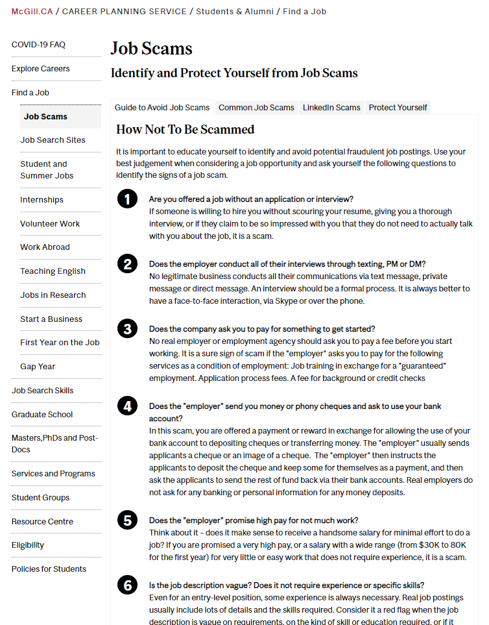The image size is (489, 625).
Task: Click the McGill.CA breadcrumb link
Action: pyautogui.click(x=32, y=11)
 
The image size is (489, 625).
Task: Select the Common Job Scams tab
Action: pyautogui.click(x=256, y=108)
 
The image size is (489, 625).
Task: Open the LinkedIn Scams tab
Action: pyautogui.click(x=331, y=108)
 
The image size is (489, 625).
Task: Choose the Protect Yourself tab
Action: pyautogui.click(x=398, y=108)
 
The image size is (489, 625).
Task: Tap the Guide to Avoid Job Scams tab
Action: pyautogui.click(x=162, y=108)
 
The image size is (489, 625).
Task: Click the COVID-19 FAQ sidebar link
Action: pyautogui.click(x=38, y=45)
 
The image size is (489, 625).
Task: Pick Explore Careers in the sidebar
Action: pyautogui.click(x=40, y=69)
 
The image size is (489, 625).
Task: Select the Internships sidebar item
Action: pyautogui.click(x=42, y=200)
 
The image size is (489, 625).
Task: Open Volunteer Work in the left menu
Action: pyautogui.click(x=50, y=224)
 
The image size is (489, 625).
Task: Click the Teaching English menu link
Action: pyautogui.click(x=53, y=271)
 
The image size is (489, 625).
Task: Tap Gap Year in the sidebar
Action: pyautogui.click(x=38, y=367)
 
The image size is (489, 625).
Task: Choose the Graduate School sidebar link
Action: pyautogui.click(x=42, y=415)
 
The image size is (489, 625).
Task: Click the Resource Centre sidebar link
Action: pyautogui.click(x=42, y=522)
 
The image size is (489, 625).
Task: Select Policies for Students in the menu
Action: pyautogui.click(x=49, y=569)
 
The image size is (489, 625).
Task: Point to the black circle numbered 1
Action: pyautogui.click(x=127, y=199)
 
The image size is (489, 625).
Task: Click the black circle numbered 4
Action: pyautogui.click(x=127, y=406)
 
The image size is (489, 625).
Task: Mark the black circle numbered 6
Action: pyautogui.click(x=127, y=585)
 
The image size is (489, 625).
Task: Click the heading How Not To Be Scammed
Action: pyautogui.click(x=185, y=130)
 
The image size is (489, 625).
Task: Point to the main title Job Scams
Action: pyautogui.click(x=151, y=49)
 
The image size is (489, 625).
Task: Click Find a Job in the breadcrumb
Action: pyautogui.click(x=305, y=11)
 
